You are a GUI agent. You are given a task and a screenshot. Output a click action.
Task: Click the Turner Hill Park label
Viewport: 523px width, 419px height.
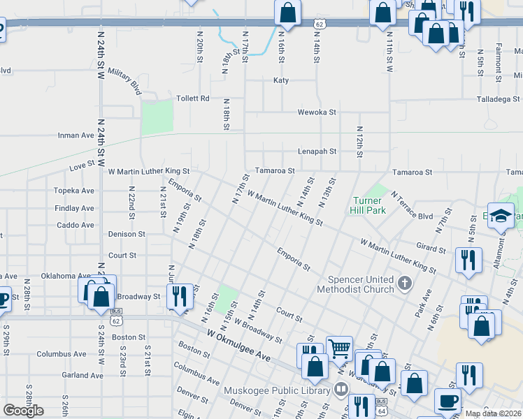367,205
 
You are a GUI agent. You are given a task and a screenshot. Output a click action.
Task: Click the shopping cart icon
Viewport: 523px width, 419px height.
339,346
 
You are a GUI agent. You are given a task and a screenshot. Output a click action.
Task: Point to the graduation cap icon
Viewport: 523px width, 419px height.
501,216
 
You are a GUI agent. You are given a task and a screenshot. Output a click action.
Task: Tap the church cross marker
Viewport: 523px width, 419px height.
404,284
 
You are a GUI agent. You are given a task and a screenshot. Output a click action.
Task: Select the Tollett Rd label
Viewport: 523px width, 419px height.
193,98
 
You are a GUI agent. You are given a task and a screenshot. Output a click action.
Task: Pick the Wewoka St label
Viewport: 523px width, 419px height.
317,112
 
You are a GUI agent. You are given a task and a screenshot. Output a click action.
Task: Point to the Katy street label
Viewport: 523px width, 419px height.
280,80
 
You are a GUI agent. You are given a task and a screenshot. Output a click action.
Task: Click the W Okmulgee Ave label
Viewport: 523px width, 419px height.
238,346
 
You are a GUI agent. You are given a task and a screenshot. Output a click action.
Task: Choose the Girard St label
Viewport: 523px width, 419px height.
430,248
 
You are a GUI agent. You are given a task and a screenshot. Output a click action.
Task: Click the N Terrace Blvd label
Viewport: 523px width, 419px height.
413,206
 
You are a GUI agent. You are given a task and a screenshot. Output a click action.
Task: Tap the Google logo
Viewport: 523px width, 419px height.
23,411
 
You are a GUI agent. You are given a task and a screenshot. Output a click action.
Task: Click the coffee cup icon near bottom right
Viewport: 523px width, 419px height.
447,401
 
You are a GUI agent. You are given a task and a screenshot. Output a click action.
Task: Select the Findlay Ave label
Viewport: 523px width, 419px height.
73,208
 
